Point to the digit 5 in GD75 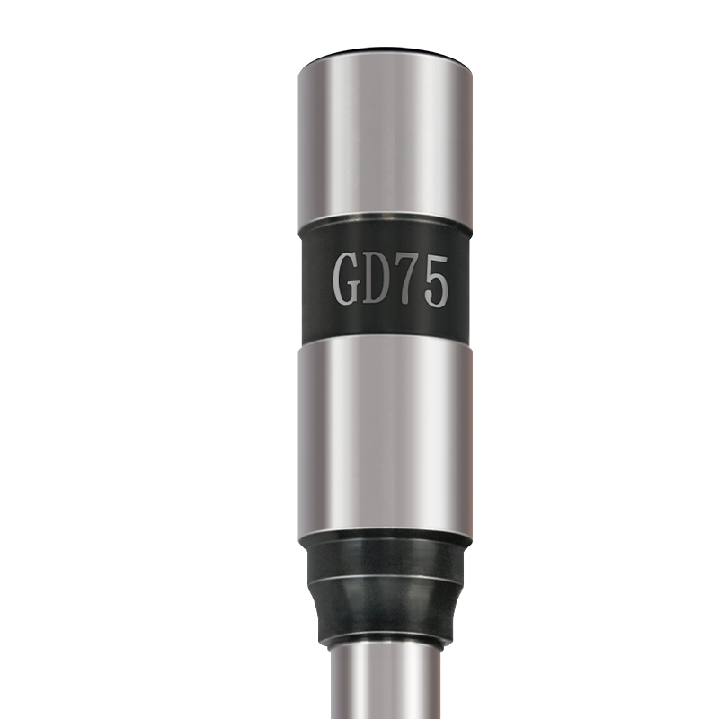tap(434, 281)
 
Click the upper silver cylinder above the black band tap(386, 138)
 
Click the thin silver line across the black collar tap(386, 579)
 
